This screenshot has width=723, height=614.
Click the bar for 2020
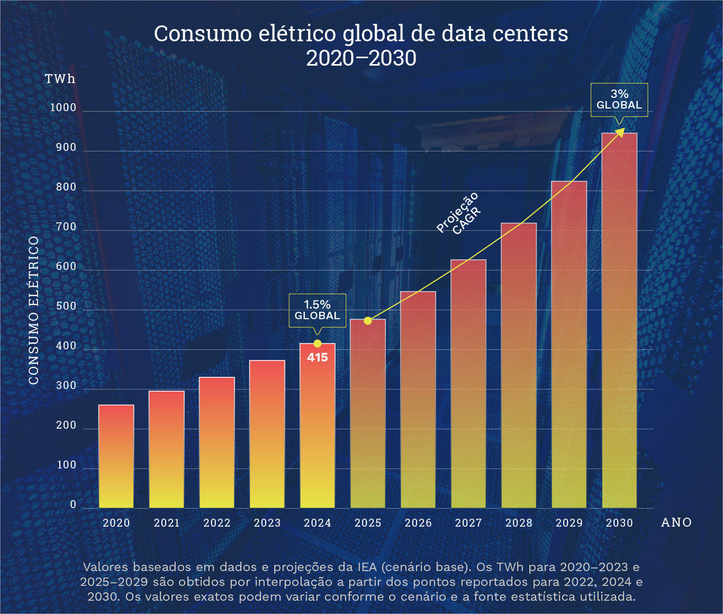pos(116,456)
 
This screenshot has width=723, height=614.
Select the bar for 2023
pos(267,434)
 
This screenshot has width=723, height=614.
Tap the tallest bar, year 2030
pos(619,320)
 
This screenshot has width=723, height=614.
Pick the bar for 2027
pos(468,384)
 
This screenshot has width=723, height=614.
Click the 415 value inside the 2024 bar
pos(318,358)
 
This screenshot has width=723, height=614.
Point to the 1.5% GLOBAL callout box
pos(318,310)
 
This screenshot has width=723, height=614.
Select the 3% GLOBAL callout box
pos(619,100)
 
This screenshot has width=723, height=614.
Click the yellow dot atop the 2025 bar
pos(368,321)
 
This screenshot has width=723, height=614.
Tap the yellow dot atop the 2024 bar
pos(318,344)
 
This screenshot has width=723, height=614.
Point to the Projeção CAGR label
pos(459,214)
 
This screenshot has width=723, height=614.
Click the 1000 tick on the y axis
pos(64,108)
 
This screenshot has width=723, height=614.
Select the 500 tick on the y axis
pos(67,306)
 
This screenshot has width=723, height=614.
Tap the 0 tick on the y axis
pos(74,505)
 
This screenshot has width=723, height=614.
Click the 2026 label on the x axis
pos(418,523)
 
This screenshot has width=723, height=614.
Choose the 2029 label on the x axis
pos(569,523)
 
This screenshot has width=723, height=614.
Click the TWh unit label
pos(60,79)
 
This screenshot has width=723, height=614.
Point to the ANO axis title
pos(676,523)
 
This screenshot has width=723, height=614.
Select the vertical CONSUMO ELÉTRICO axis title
pos(34,310)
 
